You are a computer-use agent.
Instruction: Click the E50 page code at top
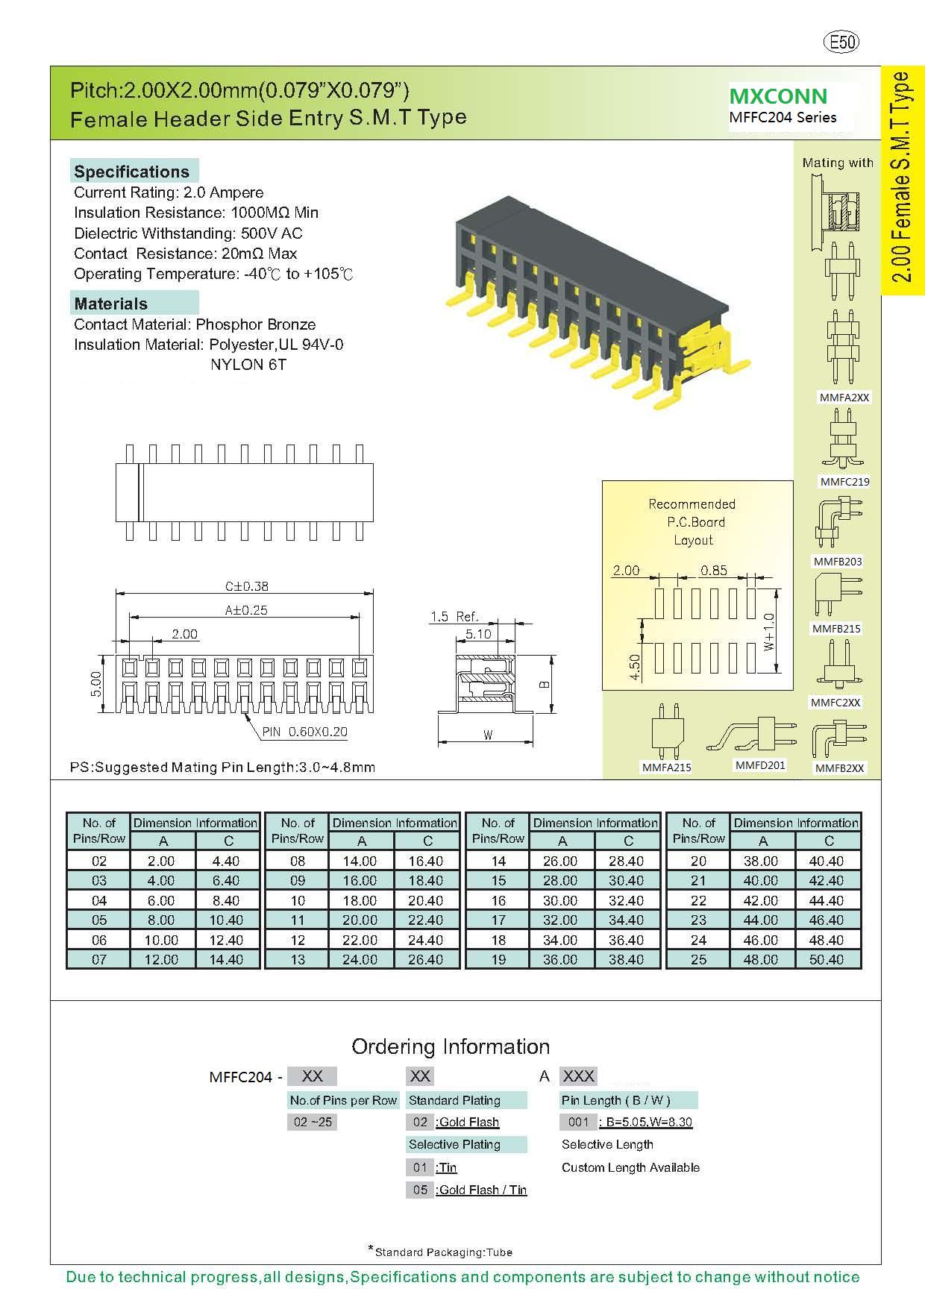841,43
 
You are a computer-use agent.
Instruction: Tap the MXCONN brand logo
778,96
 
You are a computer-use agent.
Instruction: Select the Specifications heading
132,172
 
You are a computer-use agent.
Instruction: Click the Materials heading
111,304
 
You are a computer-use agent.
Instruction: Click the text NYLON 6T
248,365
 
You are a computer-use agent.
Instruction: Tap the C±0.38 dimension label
246,586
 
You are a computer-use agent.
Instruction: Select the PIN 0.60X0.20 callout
304,732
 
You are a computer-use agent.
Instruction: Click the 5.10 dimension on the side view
478,634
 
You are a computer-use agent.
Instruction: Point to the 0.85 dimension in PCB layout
714,571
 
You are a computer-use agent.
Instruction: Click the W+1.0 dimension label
770,632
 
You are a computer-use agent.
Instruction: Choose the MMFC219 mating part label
844,482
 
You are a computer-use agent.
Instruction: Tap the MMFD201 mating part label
760,765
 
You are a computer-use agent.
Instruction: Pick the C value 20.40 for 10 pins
426,900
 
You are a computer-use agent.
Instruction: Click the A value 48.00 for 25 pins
761,960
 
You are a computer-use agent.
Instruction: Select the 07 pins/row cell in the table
99,960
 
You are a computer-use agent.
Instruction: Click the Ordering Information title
451,1046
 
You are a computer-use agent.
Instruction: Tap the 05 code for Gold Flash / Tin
421,1190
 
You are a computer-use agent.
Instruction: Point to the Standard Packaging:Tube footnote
443,1252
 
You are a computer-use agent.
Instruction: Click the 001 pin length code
578,1122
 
